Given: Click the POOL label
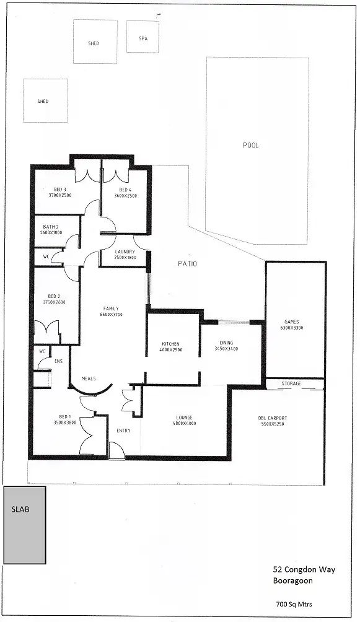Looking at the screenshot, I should point(251,146).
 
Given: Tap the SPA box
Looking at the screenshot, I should point(143,37).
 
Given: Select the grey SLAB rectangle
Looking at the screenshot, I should point(24,525).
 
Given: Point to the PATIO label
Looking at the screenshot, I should point(187,264).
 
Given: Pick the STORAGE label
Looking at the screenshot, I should point(291,383).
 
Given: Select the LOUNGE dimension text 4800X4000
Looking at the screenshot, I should point(184,424).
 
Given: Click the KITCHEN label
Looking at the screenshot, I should point(170,343).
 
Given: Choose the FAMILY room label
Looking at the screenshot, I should point(111,309).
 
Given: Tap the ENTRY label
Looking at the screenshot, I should point(123,431).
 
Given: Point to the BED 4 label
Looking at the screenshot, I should point(125,190).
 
